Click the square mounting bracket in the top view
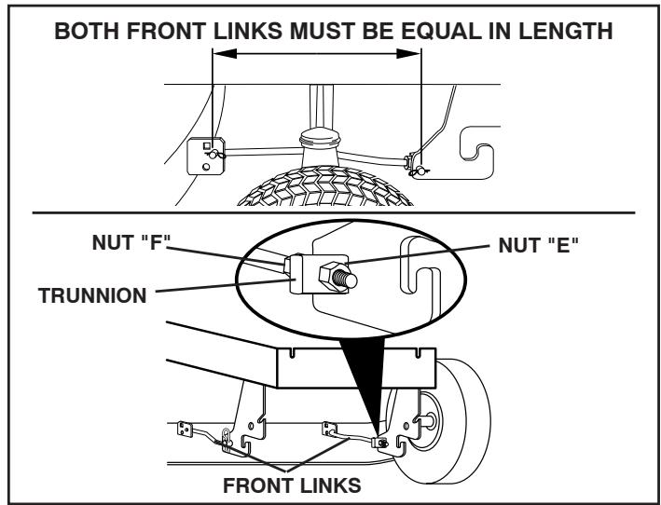pyautogui.click(x=203, y=155)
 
